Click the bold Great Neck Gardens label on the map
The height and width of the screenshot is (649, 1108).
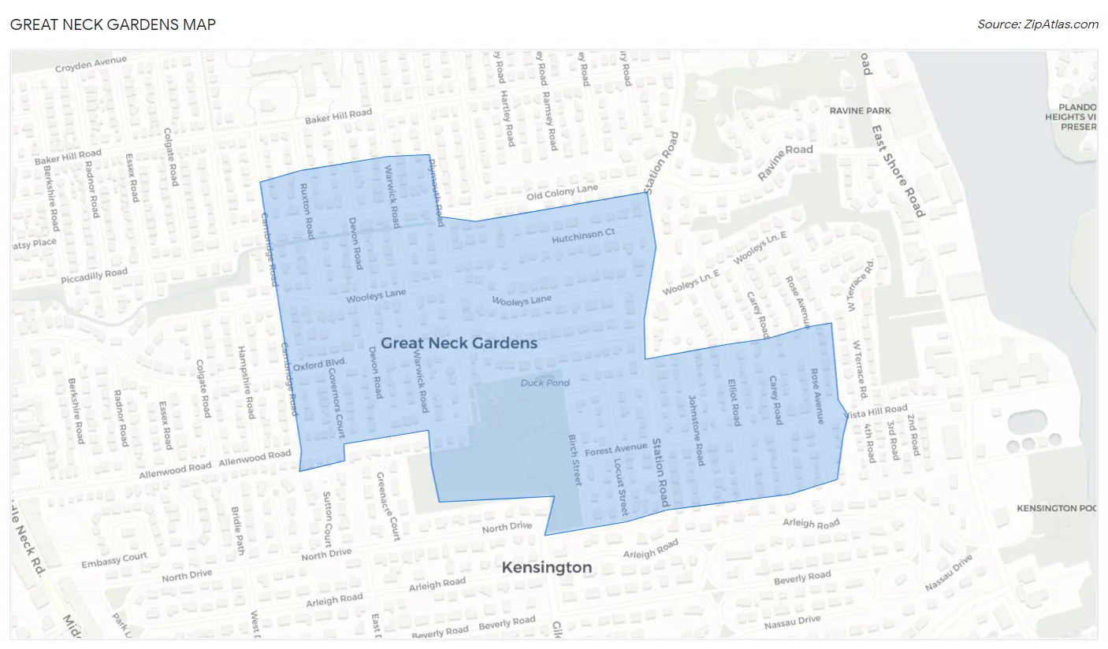pos(459,343)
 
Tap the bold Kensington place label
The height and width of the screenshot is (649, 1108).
pos(547,568)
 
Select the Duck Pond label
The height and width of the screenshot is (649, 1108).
pos(545,384)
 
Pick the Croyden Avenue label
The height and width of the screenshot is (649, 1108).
pos(91,64)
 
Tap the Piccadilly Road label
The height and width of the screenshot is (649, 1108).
pos(94,276)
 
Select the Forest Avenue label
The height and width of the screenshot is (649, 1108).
pos(616,450)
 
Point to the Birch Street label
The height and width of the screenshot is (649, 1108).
pos(575,460)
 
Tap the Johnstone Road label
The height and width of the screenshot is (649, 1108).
pos(696,430)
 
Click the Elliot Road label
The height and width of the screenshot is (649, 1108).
pos(734,402)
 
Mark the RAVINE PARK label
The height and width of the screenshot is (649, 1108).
pos(860,111)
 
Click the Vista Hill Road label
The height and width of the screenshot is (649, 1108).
pos(876,411)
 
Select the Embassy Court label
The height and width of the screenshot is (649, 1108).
pos(114,560)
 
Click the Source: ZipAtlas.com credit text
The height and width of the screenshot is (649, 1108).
pos(1037,24)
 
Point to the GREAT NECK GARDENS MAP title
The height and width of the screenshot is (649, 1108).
pos(113,24)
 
